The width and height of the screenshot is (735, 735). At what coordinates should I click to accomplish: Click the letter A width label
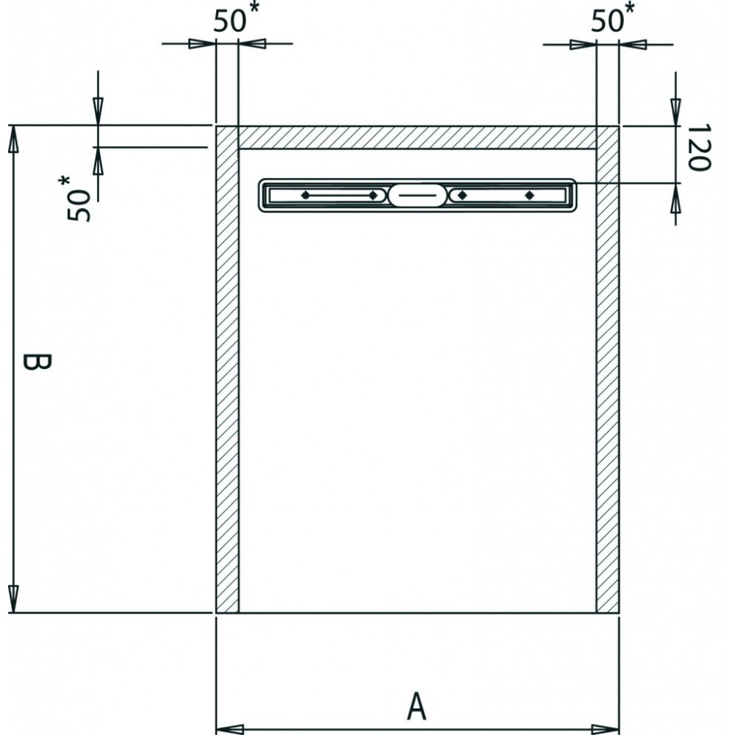click(416, 706)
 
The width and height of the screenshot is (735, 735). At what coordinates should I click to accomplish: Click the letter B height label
click(37, 362)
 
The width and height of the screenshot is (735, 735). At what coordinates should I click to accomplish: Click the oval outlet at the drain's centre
click(417, 195)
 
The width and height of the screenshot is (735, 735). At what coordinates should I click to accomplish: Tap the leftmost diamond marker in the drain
click(305, 195)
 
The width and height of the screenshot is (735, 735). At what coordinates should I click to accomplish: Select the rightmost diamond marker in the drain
click(529, 195)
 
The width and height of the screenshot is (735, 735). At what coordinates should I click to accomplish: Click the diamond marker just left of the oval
click(373, 195)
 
